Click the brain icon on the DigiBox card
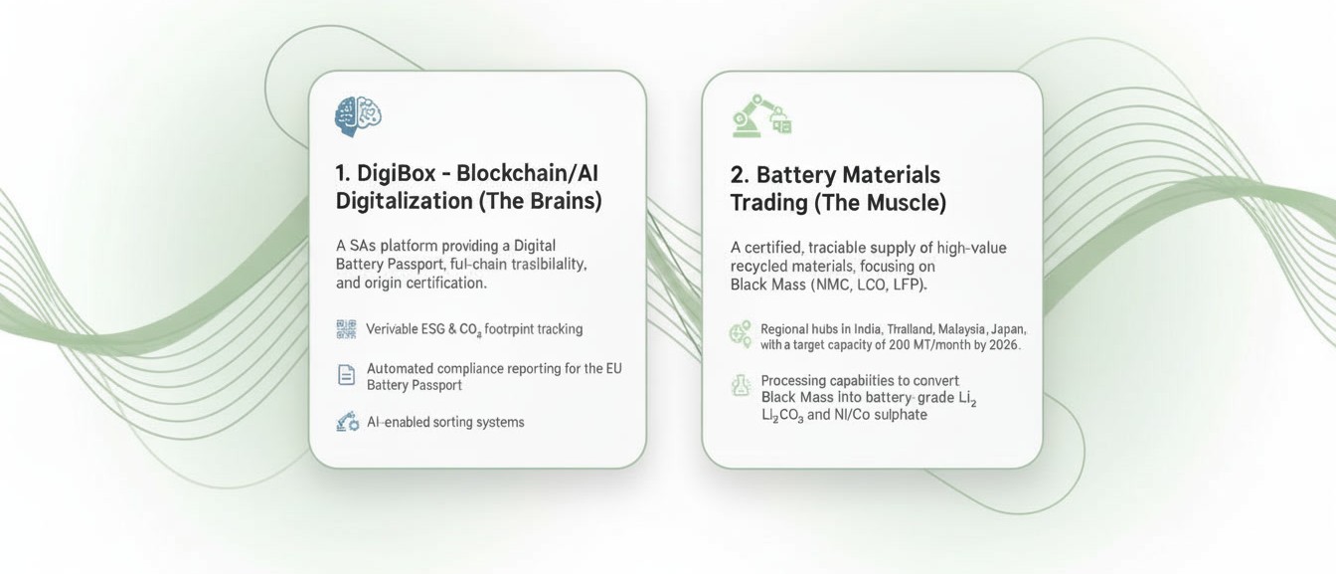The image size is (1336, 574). click(x=359, y=116)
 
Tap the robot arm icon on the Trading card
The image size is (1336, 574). click(x=760, y=117)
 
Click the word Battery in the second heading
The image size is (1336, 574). click(x=794, y=175)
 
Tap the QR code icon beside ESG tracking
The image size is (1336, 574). click(x=346, y=329)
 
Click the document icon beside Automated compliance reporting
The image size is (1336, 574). click(x=346, y=375)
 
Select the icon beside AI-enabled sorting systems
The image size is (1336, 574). click(x=347, y=422)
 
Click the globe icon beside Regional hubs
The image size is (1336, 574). click(x=741, y=334)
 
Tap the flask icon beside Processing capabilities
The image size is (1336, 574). click(x=741, y=386)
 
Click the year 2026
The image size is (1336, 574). click(x=1002, y=345)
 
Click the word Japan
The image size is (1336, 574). click(x=1008, y=328)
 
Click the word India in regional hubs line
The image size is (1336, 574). click(x=869, y=328)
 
